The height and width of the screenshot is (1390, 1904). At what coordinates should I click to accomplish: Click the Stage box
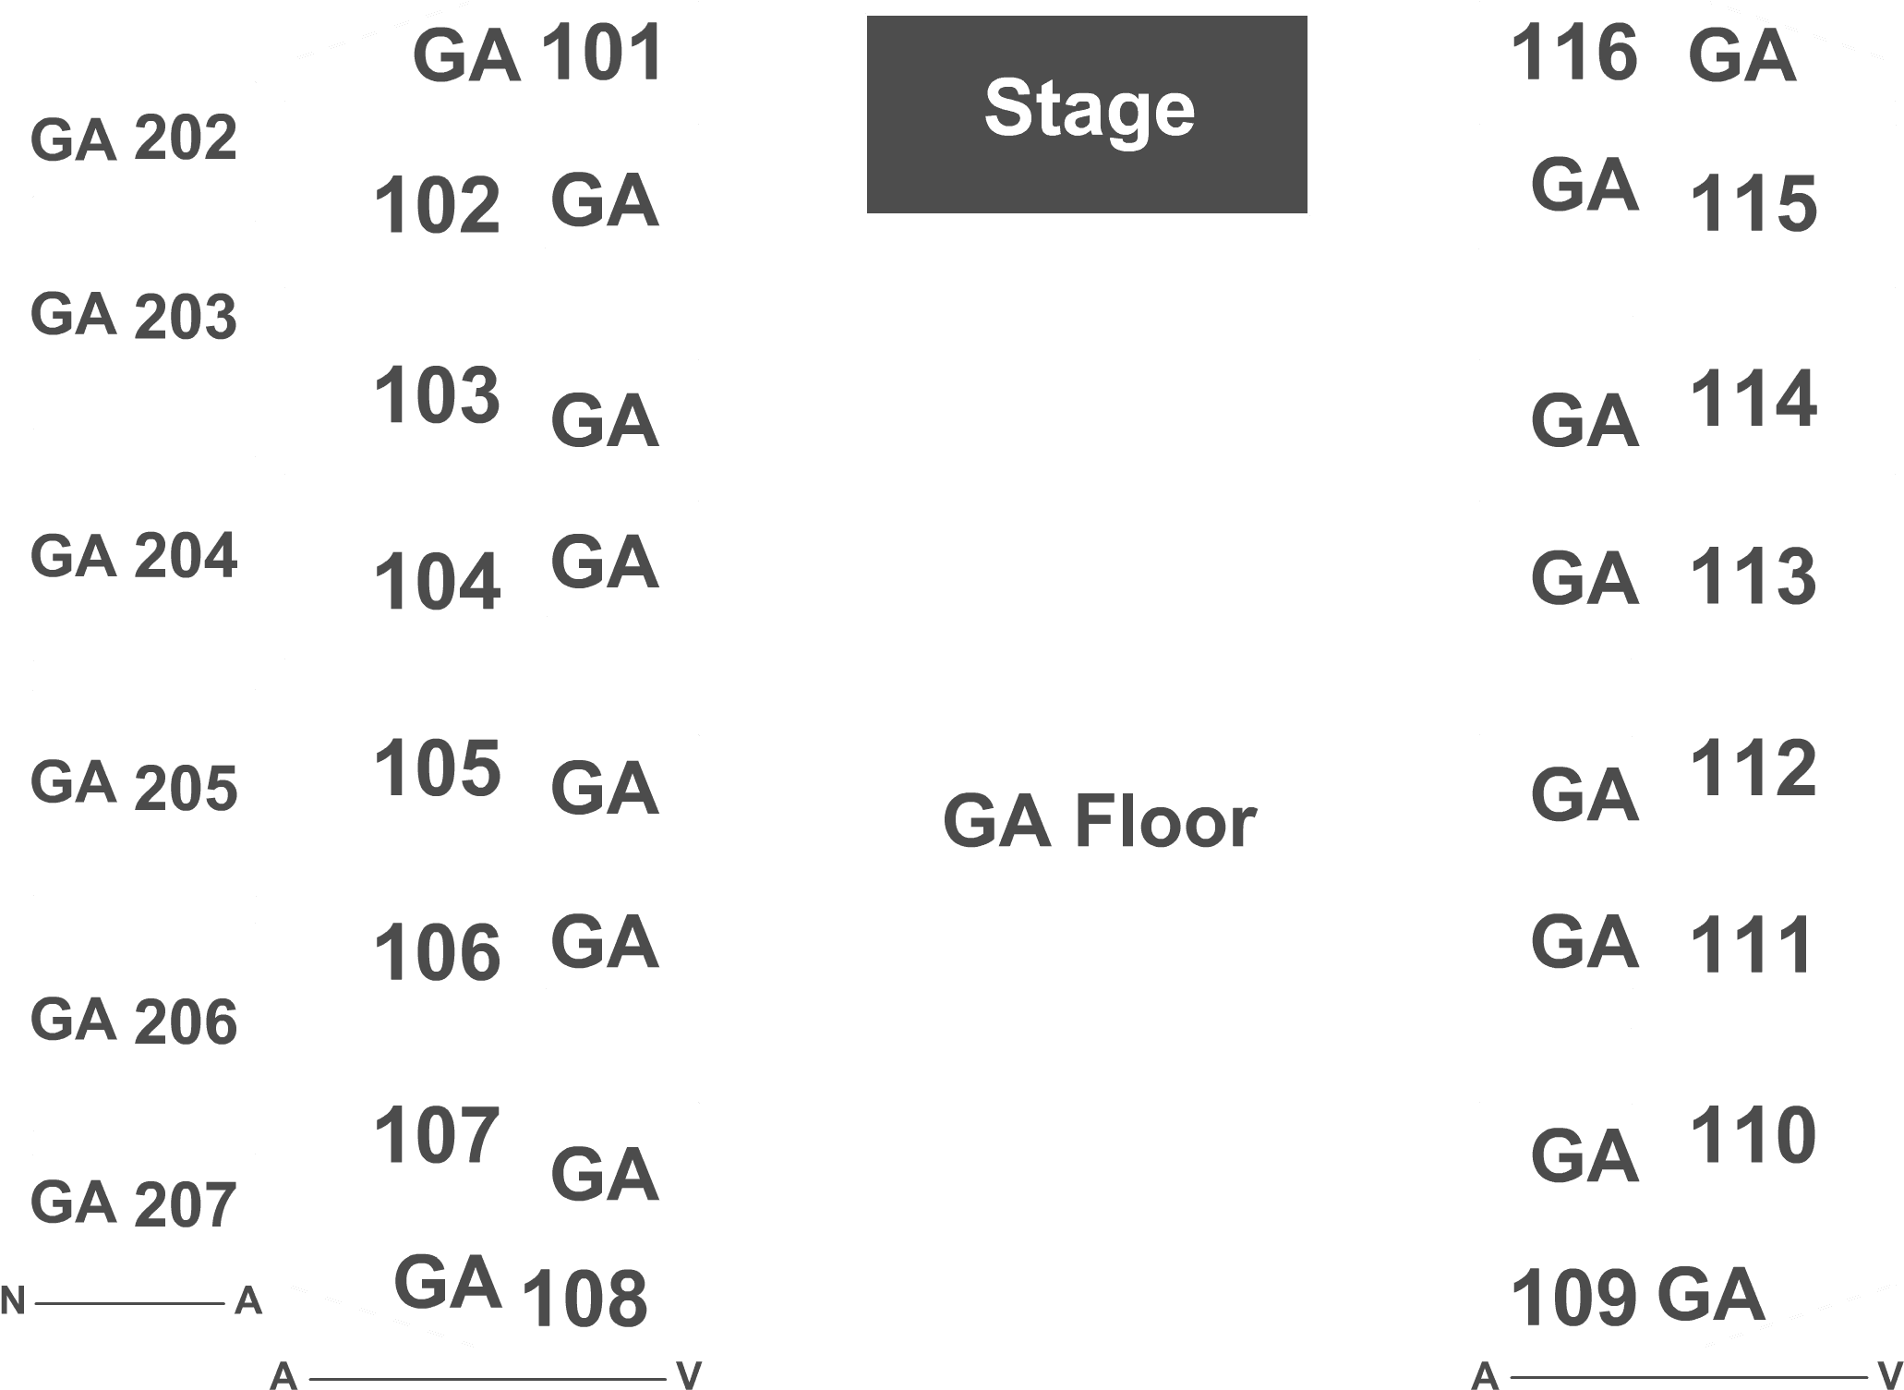(x=1087, y=115)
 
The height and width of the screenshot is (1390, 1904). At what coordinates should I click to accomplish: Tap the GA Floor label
(x=1099, y=821)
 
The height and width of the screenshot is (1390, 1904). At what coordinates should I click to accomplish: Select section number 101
(x=602, y=53)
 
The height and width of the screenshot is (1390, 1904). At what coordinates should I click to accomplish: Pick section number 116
(x=1574, y=53)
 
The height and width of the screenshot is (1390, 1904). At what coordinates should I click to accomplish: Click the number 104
(x=438, y=581)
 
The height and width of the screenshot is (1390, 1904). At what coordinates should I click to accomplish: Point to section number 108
(x=584, y=1298)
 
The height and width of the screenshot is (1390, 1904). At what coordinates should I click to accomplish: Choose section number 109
(x=1574, y=1298)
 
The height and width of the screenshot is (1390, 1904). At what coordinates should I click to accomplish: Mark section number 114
(x=1753, y=398)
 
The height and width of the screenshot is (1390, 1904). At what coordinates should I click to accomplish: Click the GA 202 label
(x=134, y=139)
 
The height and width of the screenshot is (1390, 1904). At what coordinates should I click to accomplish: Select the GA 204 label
(x=134, y=556)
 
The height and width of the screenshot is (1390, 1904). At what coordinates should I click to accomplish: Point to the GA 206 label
(x=134, y=1021)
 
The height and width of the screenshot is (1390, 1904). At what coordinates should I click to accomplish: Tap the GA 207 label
(x=134, y=1204)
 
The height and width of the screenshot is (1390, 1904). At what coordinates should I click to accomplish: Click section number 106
(x=438, y=952)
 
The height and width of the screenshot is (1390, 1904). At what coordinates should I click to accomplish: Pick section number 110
(x=1753, y=1135)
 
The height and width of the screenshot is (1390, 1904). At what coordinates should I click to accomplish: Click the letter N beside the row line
(x=12, y=1300)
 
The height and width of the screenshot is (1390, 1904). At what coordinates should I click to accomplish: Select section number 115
(x=1753, y=204)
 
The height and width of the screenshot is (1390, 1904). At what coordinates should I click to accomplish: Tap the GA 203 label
(x=134, y=316)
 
